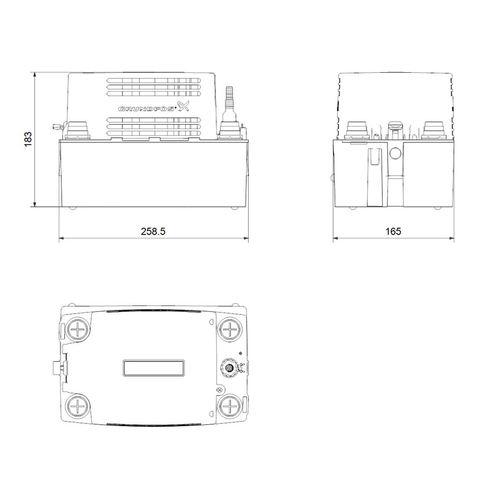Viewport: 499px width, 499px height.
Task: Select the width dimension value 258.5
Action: point(153,231)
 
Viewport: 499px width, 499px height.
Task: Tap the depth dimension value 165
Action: point(393,231)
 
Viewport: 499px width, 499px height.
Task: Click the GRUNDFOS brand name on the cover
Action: point(149,109)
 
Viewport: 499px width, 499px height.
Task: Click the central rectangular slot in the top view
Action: point(154,368)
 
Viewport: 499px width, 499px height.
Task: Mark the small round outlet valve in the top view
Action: point(229,368)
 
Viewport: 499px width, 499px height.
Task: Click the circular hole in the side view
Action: point(395,155)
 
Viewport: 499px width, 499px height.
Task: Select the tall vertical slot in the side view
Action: point(375,175)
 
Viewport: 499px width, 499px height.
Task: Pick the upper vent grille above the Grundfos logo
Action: point(154,88)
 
